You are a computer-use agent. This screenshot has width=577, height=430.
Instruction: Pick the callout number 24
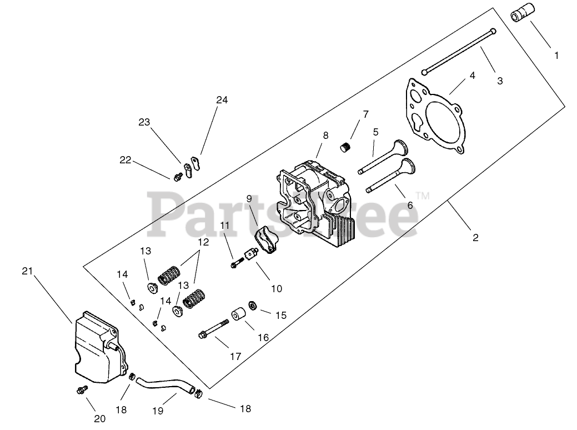[222, 100]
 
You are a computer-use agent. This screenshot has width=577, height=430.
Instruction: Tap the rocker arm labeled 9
[264, 241]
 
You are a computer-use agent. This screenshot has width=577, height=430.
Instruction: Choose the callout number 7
[366, 114]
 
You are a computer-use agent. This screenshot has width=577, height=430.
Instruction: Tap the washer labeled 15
[252, 305]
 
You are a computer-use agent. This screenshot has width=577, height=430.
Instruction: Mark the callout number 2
[475, 237]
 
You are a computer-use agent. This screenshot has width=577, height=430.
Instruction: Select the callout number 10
[277, 288]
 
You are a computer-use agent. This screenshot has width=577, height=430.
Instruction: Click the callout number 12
[203, 243]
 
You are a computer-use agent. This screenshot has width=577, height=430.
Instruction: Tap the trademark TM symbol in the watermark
[423, 196]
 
